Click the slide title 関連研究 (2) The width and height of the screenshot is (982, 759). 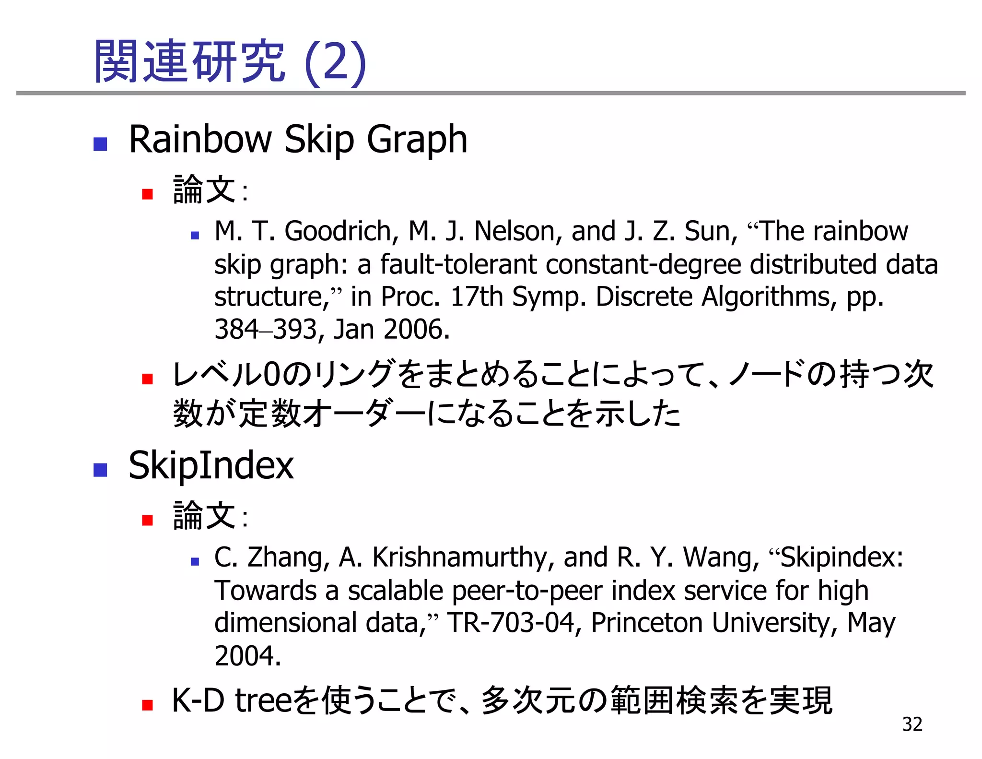[230, 62]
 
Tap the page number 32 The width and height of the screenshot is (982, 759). [912, 724]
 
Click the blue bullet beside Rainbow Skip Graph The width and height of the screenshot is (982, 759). [100, 143]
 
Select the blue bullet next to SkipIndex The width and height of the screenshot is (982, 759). [100, 470]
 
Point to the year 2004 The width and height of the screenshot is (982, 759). [246, 656]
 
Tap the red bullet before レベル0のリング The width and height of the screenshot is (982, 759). [147, 379]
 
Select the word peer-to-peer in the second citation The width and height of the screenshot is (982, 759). [527, 591]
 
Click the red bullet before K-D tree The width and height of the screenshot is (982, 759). [147, 705]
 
